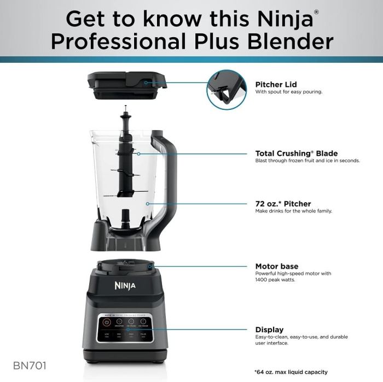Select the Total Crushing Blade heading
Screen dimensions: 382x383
(x=297, y=154)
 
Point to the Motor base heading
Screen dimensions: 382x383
(x=277, y=266)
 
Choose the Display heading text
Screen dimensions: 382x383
(x=269, y=330)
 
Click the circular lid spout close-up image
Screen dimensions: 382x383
(x=227, y=89)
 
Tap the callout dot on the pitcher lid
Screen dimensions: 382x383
(x=146, y=83)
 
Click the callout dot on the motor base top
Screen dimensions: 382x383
(x=150, y=266)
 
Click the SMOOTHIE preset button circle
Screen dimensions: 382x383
(x=119, y=322)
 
